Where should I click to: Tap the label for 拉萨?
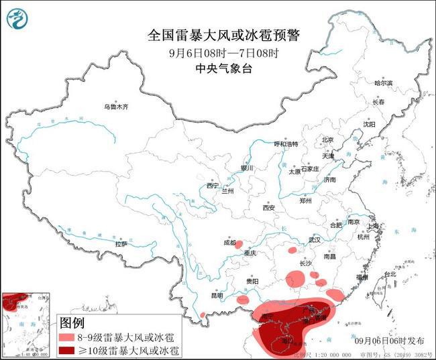(121, 244)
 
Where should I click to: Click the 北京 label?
(327, 139)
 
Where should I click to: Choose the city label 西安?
(268, 208)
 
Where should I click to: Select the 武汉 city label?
(315, 239)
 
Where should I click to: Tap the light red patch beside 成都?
(242, 245)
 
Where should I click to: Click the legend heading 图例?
(72, 322)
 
